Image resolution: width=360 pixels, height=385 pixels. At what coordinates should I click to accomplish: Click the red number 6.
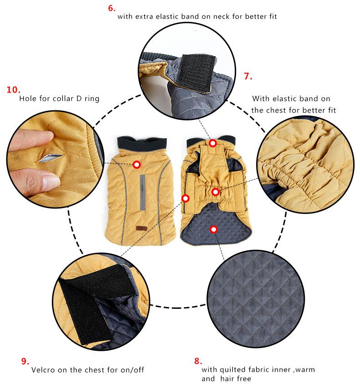[112, 7]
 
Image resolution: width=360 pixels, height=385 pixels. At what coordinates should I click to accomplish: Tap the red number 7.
[248, 76]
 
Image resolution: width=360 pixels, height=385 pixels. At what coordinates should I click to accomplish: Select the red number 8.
[198, 361]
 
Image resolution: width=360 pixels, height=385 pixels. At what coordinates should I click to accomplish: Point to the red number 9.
[26, 361]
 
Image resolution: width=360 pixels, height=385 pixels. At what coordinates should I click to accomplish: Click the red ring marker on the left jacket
[136, 165]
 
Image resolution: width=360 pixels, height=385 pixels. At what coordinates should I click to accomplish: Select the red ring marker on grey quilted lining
[213, 229]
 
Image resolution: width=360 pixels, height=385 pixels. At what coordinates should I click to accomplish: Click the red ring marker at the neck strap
[213, 143]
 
